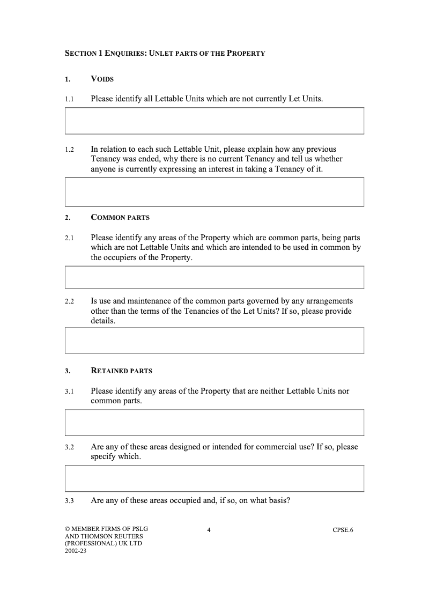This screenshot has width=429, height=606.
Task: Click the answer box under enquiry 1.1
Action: [214, 121]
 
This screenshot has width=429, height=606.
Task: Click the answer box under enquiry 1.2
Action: [214, 192]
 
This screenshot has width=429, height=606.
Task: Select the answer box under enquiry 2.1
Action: [214, 277]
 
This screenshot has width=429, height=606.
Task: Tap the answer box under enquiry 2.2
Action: [214, 341]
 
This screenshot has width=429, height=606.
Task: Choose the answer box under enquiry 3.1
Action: [214, 422]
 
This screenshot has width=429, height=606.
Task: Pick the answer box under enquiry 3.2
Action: [214, 478]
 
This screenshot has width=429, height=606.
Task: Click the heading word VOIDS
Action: [102, 79]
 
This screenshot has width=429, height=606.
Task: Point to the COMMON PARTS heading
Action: [120, 218]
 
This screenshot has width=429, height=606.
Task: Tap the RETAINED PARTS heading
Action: [121, 371]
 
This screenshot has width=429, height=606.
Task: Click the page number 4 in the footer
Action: [209, 530]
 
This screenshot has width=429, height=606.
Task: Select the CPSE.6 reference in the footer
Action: [343, 530]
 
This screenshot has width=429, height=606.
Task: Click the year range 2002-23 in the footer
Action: [76, 550]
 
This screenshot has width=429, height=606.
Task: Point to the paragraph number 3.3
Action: [69, 501]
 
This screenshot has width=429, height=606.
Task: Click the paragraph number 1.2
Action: [69, 150]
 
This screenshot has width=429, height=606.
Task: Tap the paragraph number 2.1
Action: [69, 238]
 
